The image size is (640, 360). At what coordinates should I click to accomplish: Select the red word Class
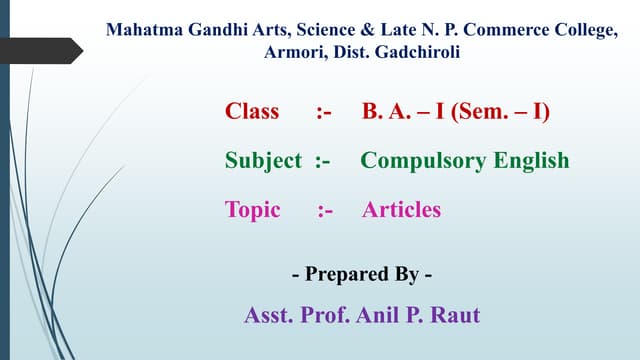tap(252, 111)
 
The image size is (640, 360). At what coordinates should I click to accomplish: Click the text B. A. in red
tap(385, 111)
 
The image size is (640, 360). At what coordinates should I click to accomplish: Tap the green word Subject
tap(263, 160)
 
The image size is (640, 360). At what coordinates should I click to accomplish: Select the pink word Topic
tap(253, 210)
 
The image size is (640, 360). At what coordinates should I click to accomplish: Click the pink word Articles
tap(401, 210)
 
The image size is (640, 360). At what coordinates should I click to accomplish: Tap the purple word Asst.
tap(269, 316)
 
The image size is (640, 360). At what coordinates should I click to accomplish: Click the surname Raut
tap(455, 316)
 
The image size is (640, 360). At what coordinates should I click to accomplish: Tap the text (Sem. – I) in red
tap(500, 111)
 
